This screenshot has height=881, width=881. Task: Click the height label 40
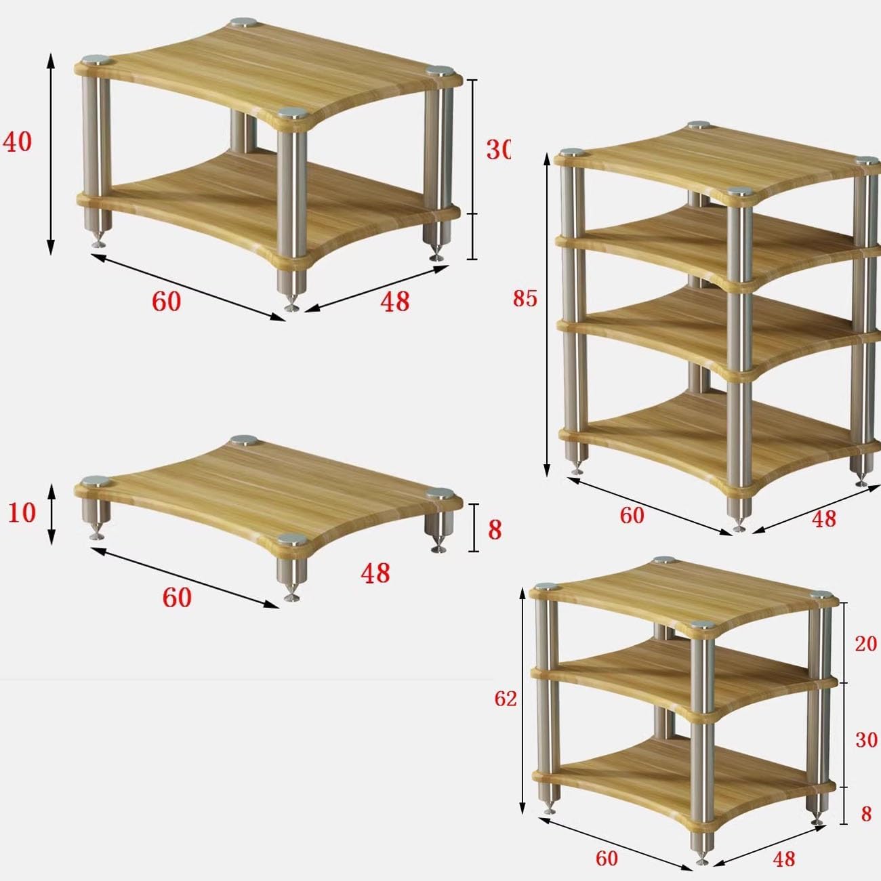18,143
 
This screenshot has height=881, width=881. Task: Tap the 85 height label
525,298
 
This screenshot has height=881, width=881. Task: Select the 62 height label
506,699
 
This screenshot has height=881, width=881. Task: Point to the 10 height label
22,513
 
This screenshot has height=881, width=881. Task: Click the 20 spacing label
865,643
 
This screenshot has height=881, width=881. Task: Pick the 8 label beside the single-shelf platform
495,530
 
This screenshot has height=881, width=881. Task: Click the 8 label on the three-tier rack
865,813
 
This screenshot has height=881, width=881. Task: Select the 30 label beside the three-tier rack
865,740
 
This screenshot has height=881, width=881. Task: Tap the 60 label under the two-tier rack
166,302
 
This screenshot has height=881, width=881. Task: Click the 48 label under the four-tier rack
823,519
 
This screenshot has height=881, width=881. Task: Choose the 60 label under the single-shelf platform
176,598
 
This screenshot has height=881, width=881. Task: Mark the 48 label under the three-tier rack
783,859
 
